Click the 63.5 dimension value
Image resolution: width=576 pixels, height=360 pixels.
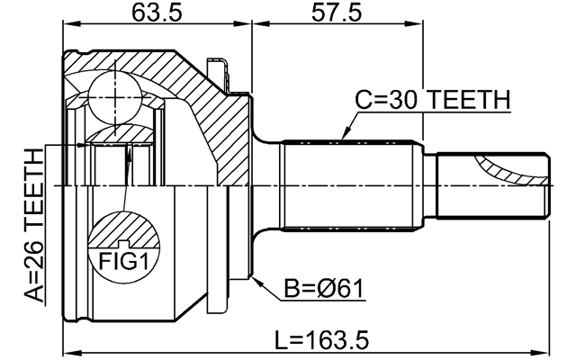(x=157, y=13)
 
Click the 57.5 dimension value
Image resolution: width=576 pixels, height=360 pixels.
(x=337, y=13)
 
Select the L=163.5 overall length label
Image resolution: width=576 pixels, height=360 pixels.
(x=322, y=339)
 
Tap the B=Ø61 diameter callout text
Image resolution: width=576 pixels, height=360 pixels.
(x=324, y=288)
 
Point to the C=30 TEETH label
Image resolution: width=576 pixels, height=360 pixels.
(x=433, y=100)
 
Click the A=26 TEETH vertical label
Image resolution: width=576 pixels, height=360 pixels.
(x=34, y=226)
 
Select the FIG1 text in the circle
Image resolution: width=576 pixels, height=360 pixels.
(x=124, y=262)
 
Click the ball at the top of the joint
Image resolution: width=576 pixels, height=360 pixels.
(x=115, y=97)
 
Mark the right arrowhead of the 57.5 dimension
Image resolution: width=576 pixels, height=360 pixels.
(x=414, y=24)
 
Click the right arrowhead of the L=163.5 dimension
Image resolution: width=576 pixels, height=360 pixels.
(x=540, y=352)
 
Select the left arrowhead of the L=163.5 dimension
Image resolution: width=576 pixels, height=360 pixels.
(x=72, y=352)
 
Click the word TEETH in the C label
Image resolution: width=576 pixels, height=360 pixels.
(x=470, y=100)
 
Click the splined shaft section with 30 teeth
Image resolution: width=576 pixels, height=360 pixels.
(x=352, y=186)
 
